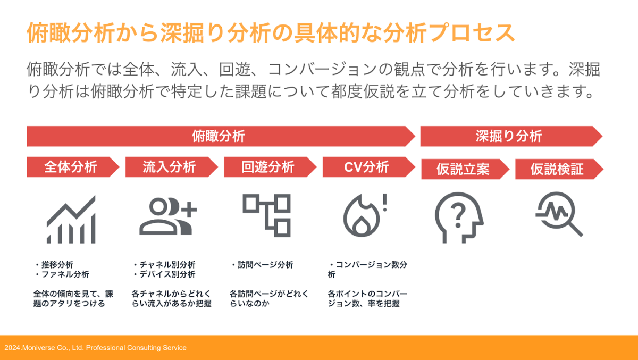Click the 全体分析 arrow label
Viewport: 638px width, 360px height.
[x=71, y=167]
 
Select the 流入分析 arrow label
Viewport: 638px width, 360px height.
[x=169, y=167]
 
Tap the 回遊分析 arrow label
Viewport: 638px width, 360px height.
[x=268, y=167]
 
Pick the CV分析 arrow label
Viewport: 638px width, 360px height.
[x=366, y=167]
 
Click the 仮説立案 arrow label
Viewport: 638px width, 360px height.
[x=463, y=169]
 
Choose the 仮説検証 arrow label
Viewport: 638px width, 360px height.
[x=557, y=169]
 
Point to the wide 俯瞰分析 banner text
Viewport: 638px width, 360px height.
[x=219, y=136]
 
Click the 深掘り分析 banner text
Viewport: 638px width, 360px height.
[x=509, y=136]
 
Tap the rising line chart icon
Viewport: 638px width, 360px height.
[x=71, y=219]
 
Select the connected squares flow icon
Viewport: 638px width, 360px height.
[x=266, y=215]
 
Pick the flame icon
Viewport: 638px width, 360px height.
[x=361, y=216]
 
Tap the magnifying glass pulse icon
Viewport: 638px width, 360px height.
[x=559, y=214]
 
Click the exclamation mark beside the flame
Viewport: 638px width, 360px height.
[x=385, y=203]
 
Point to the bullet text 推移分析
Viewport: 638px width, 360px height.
[x=57, y=265]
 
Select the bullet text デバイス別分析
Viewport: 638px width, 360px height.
[x=167, y=274]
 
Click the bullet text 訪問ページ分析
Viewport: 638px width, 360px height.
[x=265, y=265]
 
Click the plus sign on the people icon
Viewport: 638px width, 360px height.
[x=189, y=210]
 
